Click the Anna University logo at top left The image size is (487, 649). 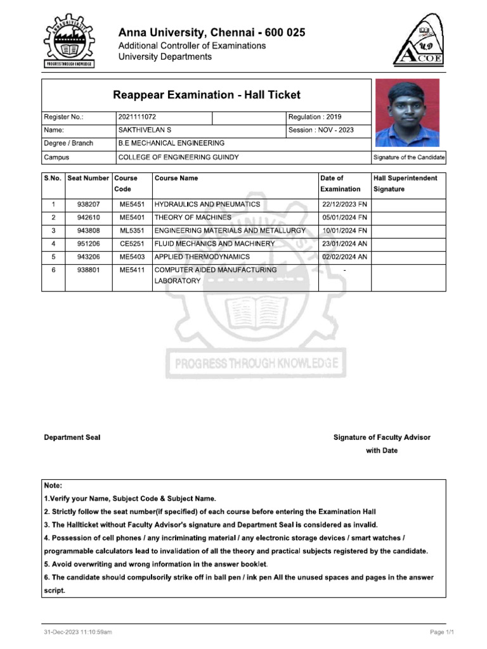(68, 43)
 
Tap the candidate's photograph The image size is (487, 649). (407, 113)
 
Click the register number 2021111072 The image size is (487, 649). (137, 117)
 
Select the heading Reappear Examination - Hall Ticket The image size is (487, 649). (206, 95)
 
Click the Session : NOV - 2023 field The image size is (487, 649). (321, 130)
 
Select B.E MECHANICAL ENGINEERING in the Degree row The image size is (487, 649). (171, 143)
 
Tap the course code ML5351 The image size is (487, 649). (132, 231)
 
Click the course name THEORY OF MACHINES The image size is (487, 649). (188, 217)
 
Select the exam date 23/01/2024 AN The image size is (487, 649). (344, 244)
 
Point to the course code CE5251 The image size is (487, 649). (132, 244)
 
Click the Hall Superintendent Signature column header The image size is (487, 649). (405, 184)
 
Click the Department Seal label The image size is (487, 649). (72, 437)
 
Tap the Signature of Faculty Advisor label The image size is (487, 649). (382, 437)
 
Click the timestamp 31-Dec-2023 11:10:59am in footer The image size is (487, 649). (78, 632)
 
